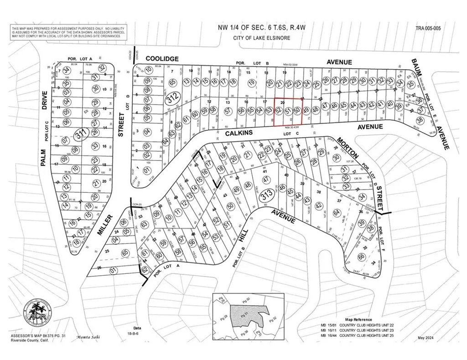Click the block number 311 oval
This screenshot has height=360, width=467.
click(81, 134)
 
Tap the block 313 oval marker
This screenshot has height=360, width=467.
click(267, 196)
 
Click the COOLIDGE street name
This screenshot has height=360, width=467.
click(162, 59)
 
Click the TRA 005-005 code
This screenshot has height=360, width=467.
click(428, 28)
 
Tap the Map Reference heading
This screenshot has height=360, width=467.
click(358, 319)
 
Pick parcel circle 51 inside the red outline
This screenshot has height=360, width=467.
click(288, 110)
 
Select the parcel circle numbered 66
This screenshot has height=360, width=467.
click(361, 257)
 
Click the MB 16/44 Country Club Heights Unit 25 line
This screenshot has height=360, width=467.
click(358, 335)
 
